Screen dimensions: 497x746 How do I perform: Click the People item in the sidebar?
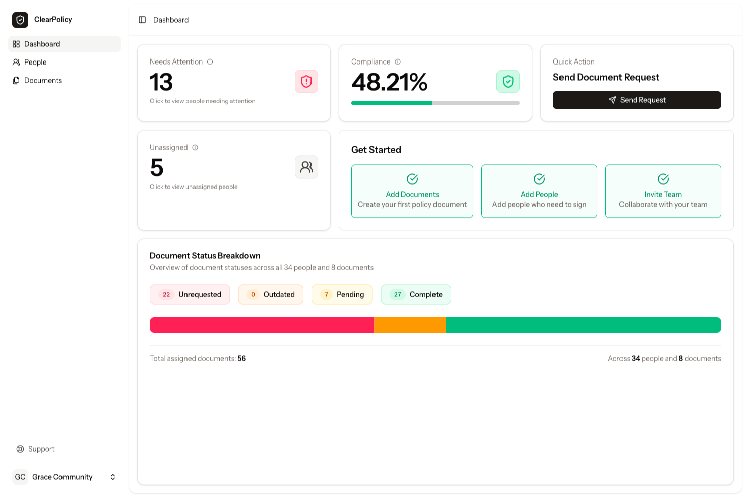click(x=35, y=62)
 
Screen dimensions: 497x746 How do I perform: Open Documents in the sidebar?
click(x=43, y=80)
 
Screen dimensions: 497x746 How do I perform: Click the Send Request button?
click(x=637, y=100)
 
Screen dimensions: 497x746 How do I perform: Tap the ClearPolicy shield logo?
click(x=20, y=20)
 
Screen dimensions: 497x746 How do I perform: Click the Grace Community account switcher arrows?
click(x=113, y=477)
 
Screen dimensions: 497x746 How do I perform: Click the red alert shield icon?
click(x=306, y=81)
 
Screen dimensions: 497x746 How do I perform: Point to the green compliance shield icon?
click(x=508, y=81)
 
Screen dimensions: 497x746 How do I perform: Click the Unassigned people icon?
click(x=306, y=167)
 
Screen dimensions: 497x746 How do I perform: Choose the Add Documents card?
click(x=412, y=191)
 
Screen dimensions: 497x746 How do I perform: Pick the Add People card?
click(x=539, y=191)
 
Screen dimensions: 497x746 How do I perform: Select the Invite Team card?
click(x=663, y=191)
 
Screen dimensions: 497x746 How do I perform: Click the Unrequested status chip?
click(x=190, y=294)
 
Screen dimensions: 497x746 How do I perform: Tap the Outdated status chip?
click(x=271, y=294)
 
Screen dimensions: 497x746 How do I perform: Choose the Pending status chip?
click(x=342, y=294)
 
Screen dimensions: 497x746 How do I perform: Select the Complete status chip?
click(x=416, y=294)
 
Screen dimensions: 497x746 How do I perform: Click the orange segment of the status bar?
click(x=410, y=325)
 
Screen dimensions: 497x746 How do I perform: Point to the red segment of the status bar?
click(x=262, y=325)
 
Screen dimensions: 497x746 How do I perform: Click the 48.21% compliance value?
click(x=389, y=82)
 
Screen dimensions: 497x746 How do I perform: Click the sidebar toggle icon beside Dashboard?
click(x=142, y=20)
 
